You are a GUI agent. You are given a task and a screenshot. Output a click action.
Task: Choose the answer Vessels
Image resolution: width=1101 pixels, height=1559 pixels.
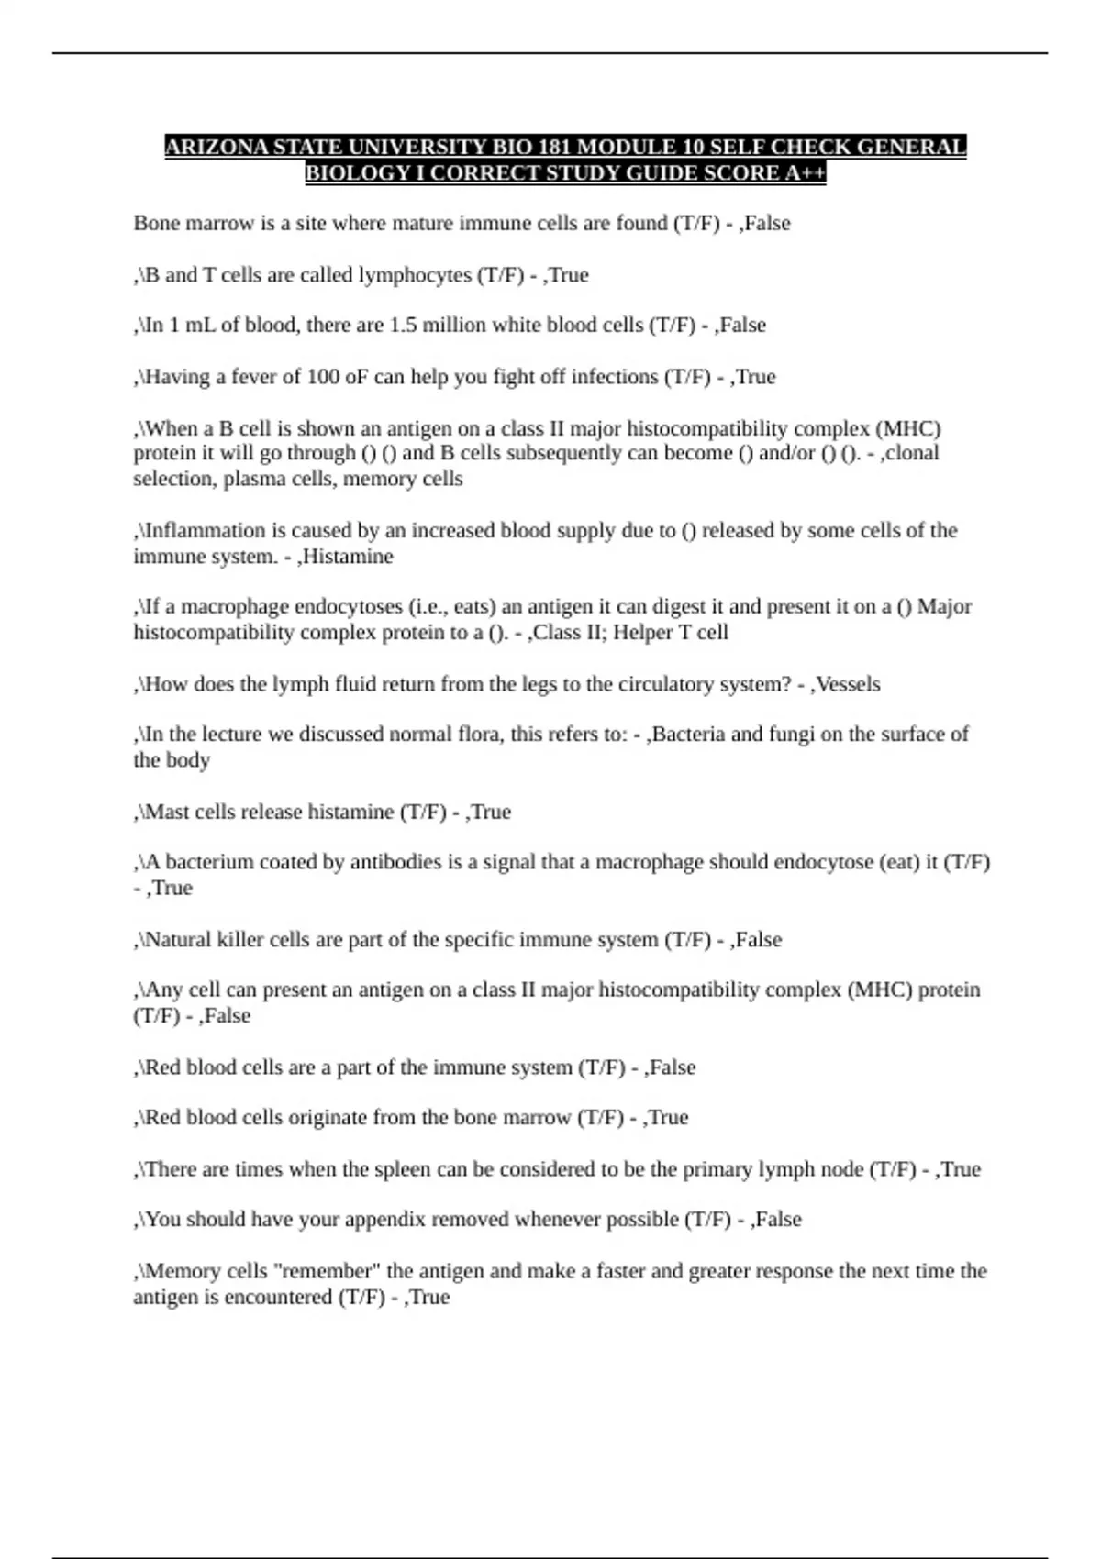point(848,684)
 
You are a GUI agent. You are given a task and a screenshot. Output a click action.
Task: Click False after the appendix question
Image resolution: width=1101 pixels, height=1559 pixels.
point(778,1220)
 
